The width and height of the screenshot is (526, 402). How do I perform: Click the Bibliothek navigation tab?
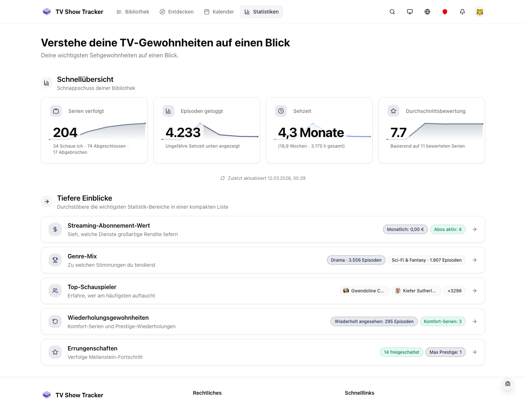133,12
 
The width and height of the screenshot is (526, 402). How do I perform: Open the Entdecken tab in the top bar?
177,12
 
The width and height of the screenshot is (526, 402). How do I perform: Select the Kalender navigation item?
219,12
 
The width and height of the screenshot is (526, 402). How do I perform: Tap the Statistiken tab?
262,12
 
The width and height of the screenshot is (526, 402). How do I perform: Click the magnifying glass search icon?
392,12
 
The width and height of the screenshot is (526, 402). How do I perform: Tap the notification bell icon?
462,12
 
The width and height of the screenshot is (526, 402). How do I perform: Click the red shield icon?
445,12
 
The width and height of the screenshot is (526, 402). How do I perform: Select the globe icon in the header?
427,12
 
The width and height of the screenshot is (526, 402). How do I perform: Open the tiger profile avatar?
480,12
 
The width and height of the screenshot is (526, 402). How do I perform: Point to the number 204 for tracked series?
65,132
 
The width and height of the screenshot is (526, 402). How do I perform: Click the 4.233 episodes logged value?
183,132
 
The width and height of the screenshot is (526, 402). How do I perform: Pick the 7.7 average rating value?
398,132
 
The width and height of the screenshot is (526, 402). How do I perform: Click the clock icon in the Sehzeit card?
281,111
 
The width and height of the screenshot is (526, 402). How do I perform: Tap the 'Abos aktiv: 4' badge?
448,230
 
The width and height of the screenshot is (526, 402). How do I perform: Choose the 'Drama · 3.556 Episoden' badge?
356,260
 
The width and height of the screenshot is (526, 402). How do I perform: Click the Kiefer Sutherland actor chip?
416,291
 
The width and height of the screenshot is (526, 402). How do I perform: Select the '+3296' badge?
454,291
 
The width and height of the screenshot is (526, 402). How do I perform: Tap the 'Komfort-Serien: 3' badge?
443,322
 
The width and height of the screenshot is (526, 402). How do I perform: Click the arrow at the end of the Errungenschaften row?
474,352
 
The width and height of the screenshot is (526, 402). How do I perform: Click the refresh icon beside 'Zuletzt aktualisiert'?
222,178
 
